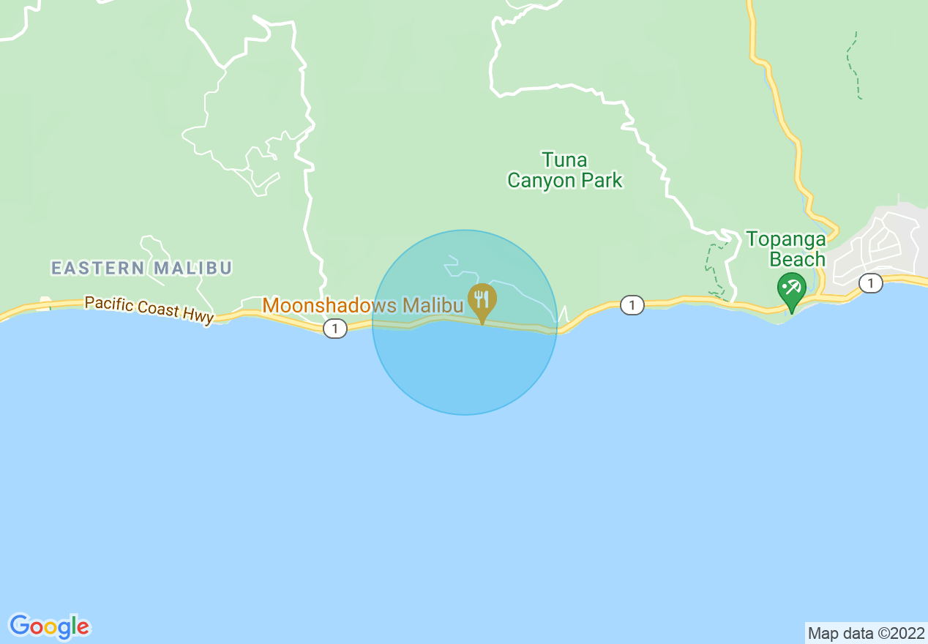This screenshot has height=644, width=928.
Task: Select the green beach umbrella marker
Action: click(x=791, y=288)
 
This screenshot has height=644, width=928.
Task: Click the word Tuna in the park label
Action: click(x=564, y=160)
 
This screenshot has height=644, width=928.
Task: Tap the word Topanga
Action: click(x=786, y=239)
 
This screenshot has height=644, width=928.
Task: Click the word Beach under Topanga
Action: click(x=797, y=260)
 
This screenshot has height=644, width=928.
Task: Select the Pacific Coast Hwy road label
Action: click(x=149, y=309)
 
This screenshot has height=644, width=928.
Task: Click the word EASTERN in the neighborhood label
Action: click(x=98, y=269)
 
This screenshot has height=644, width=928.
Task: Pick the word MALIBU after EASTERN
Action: click(x=192, y=269)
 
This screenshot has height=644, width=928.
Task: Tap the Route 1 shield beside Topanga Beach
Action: click(x=870, y=283)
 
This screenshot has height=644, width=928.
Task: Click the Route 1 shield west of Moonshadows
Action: click(x=334, y=329)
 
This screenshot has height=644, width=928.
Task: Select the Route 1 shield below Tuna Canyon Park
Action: click(x=632, y=305)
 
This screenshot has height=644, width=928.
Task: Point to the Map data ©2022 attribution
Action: click(x=864, y=633)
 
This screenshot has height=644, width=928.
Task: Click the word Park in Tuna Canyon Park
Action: click(x=605, y=181)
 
